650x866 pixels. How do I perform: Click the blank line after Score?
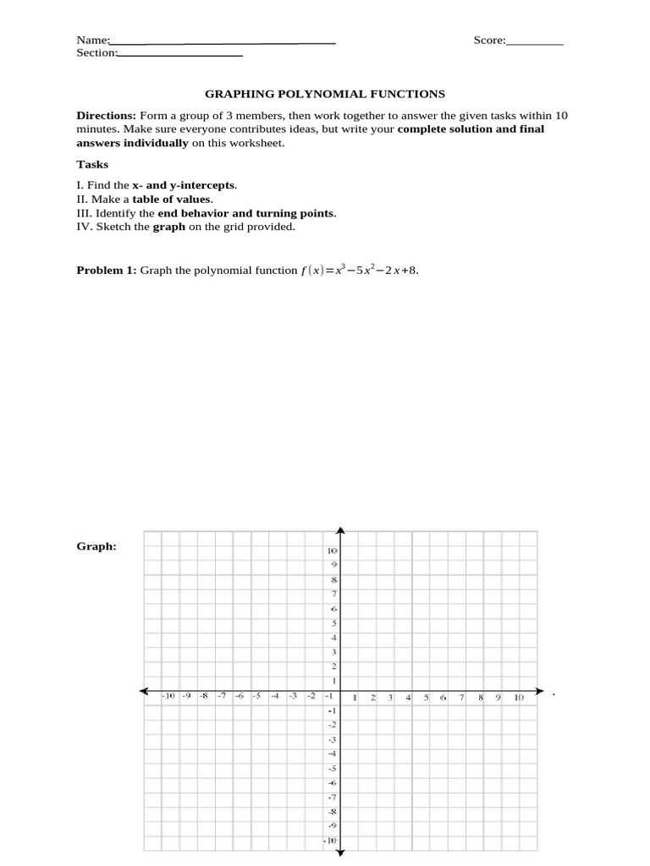(x=535, y=41)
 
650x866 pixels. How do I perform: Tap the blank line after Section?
(x=180, y=54)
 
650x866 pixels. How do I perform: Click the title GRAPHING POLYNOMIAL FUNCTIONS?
(x=326, y=95)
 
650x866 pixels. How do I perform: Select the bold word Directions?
(x=106, y=116)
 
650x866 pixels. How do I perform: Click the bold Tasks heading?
(x=92, y=165)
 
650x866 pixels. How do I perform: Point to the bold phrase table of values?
(x=172, y=200)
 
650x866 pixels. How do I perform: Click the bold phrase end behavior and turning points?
(x=245, y=213)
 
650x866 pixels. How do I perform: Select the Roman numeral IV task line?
(x=186, y=227)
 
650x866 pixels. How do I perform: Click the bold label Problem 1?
(x=107, y=271)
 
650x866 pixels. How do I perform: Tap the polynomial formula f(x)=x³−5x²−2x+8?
(x=359, y=271)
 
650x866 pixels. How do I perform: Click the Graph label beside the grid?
(x=96, y=546)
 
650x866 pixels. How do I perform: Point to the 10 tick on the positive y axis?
(x=333, y=551)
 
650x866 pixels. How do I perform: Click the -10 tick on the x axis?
(x=168, y=697)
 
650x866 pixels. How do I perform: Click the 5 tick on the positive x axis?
(x=427, y=698)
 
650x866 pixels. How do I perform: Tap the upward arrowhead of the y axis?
(x=340, y=531)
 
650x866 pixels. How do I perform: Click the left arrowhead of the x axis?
(x=145, y=690)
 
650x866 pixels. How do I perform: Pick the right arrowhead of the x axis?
(x=539, y=690)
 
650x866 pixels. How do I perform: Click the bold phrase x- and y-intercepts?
(x=184, y=185)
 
